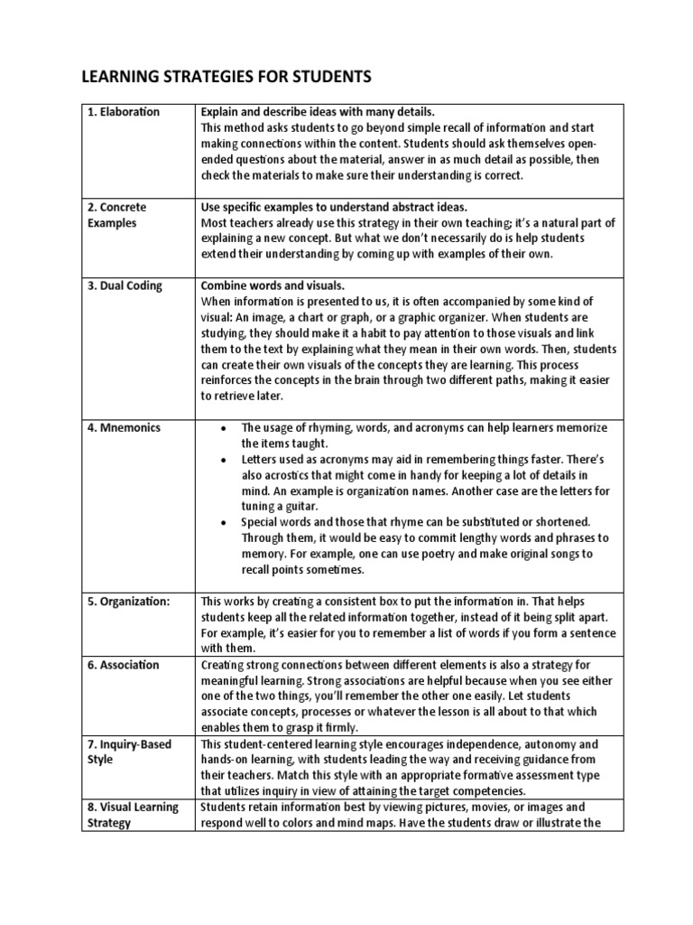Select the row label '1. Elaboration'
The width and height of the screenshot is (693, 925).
click(124, 112)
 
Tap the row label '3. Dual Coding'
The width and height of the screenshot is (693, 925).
click(125, 285)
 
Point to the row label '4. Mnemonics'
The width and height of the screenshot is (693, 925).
click(125, 427)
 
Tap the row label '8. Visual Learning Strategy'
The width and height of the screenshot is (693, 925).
click(133, 816)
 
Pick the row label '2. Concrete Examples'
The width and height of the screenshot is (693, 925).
click(117, 215)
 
